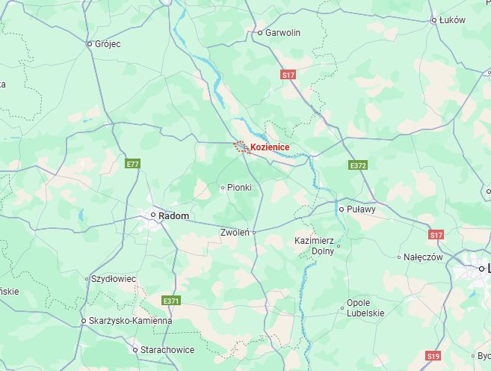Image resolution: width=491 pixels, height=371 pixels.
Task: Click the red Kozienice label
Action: (270, 147)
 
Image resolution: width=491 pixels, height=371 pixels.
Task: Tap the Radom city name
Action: (173, 215)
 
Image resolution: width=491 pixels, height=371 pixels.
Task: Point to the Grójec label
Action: (108, 44)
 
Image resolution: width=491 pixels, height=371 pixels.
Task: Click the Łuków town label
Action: (452, 20)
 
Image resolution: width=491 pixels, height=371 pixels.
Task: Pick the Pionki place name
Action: (239, 187)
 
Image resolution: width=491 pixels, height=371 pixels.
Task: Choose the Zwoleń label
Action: (235, 233)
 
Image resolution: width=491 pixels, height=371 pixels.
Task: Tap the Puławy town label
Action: (361, 209)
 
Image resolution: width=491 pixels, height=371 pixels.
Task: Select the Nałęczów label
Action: (424, 257)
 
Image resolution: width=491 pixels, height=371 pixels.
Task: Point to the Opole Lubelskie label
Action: (365, 308)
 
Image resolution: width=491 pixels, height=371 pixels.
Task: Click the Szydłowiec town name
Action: (114, 279)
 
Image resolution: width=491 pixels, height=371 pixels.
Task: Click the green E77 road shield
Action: (133, 163)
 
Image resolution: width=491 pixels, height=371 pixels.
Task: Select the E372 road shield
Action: (358, 165)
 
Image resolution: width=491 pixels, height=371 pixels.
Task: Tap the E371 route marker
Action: (171, 301)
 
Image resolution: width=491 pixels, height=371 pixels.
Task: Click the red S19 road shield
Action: (433, 355)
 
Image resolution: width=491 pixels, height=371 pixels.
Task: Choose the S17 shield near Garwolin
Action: (288, 75)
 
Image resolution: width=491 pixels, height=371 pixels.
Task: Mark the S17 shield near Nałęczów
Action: (436, 235)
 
